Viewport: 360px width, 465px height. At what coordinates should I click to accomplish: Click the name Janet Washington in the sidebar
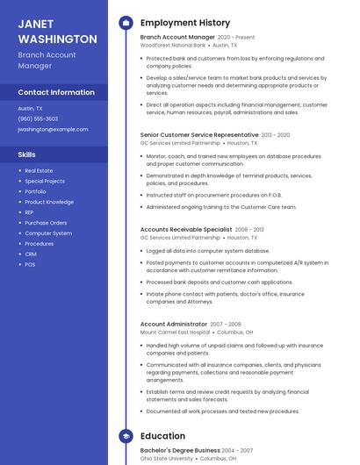point(57,32)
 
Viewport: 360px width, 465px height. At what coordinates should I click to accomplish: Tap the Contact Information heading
point(56,92)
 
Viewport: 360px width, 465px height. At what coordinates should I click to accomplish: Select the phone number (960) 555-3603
point(38,118)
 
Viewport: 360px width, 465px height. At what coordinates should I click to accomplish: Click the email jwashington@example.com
point(53,129)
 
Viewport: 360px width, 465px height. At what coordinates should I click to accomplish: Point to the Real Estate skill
point(39,170)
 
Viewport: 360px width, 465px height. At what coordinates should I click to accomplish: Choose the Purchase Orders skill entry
point(46,223)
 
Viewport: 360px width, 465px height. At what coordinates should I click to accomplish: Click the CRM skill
point(31,254)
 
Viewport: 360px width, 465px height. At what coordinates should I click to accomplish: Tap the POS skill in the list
point(30,265)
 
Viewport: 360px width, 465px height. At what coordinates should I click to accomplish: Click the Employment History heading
point(185,23)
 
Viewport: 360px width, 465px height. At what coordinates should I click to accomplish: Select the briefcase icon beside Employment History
point(125,23)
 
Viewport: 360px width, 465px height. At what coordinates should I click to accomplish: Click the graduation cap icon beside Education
point(125,435)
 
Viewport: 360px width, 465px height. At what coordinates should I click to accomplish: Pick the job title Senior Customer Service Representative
point(199,135)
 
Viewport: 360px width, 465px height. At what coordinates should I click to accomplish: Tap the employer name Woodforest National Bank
point(173,45)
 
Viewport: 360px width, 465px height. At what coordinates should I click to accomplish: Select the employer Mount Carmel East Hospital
point(176,333)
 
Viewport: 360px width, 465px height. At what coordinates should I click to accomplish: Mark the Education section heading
point(162,435)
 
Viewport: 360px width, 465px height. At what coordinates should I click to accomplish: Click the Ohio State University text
point(168,458)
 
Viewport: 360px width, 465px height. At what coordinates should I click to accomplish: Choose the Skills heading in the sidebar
point(27,154)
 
